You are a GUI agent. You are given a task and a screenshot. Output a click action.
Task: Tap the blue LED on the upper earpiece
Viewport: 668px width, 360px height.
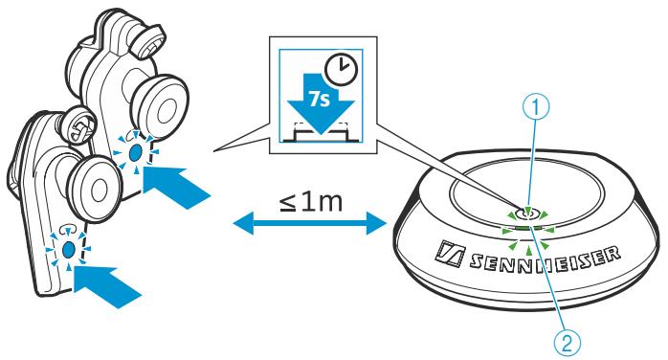click(136, 151)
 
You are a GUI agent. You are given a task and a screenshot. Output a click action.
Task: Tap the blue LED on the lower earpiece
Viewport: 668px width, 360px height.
click(70, 249)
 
